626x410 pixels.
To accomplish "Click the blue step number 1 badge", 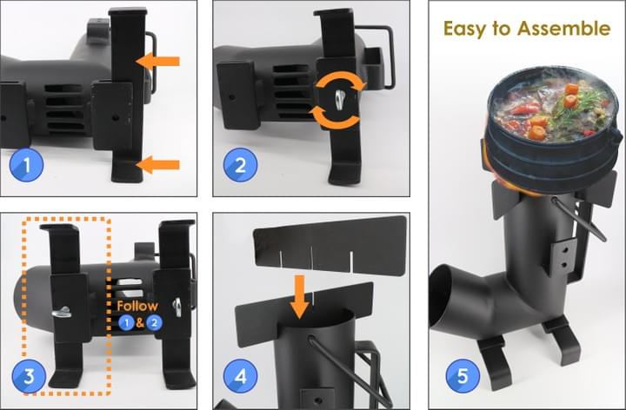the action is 27,165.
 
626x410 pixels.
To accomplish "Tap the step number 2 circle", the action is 240,165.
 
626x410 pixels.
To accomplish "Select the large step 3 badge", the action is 30,376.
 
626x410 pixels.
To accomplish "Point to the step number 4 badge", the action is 240,376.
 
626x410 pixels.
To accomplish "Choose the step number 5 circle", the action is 463,376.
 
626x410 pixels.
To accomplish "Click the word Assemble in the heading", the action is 563,29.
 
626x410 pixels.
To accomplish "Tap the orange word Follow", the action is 137,307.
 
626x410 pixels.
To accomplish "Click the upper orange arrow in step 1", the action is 157,61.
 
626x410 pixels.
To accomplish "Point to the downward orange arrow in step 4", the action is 299,297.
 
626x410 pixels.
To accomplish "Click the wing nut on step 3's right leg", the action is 177,307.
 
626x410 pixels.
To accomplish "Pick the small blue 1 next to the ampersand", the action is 127,322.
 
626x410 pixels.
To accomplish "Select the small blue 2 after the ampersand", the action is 154,322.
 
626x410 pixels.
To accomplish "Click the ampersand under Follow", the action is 140,322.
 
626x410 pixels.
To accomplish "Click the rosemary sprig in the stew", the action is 581,102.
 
